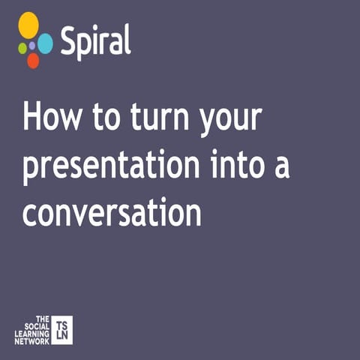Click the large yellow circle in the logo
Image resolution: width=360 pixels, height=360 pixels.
28,25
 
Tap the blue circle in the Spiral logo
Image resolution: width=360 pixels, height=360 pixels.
45,43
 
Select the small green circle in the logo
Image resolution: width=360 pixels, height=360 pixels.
22,47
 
